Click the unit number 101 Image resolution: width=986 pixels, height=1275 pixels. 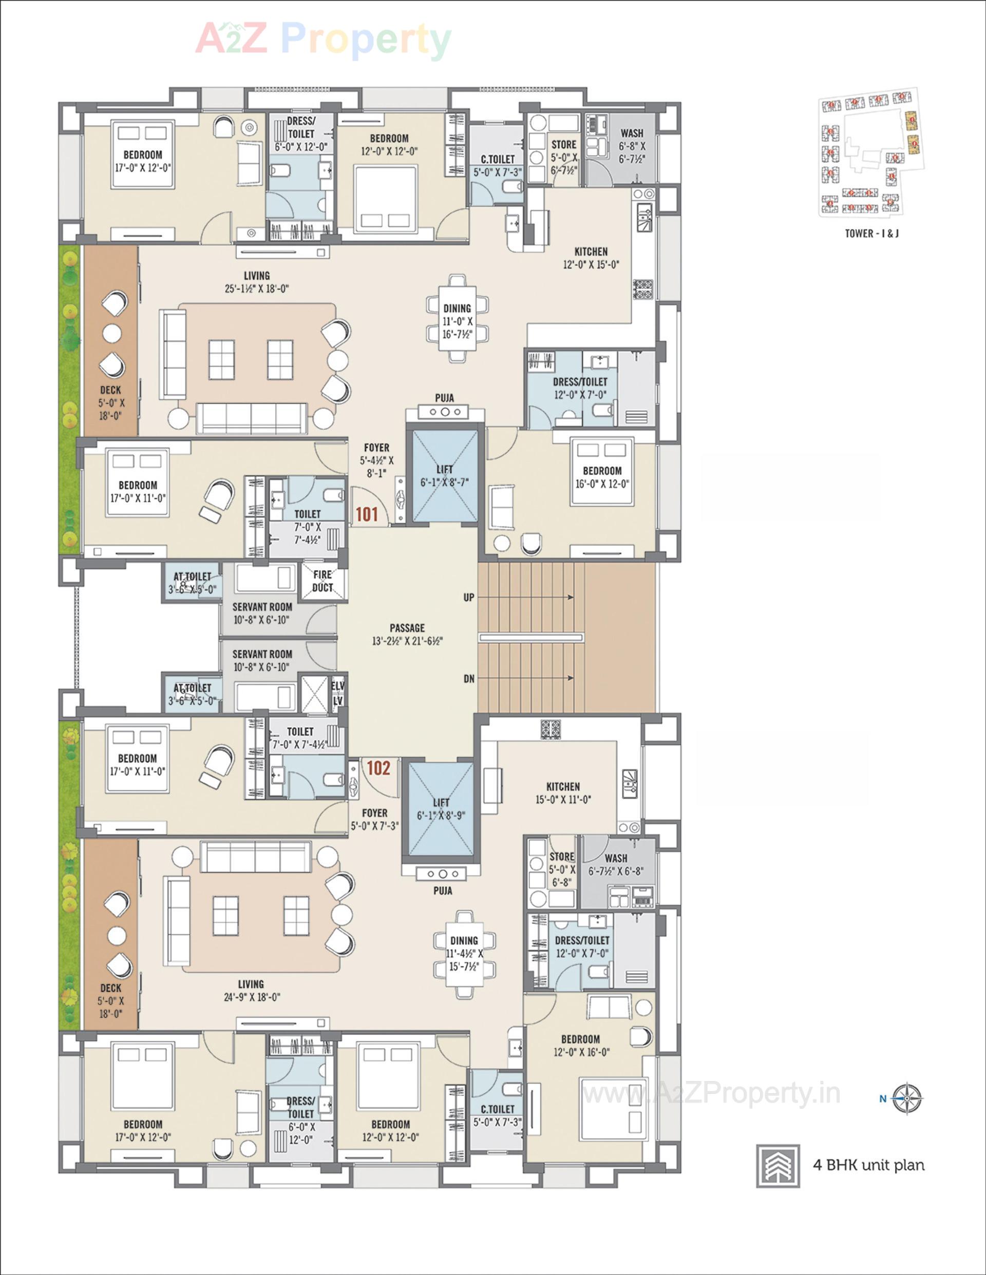pos(367,514)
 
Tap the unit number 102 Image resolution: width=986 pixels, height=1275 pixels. pos(378,768)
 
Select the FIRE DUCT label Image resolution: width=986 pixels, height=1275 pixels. pos(323,581)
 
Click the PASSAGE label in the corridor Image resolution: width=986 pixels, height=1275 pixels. pos(407,628)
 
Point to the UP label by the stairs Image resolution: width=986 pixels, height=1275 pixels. pos(468,597)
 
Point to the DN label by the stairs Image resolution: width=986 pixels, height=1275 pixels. pos(468,679)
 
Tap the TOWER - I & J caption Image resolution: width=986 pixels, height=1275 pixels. pos(871,234)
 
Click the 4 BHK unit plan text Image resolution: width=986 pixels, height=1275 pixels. pos(868,1165)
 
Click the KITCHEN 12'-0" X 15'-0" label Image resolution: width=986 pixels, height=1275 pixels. pos(591,258)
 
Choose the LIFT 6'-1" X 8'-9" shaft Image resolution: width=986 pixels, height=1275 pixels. pos(441,808)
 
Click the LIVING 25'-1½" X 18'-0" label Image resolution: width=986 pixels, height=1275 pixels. pos(257,281)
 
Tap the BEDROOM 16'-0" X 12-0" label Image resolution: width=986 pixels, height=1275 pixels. pos(602,476)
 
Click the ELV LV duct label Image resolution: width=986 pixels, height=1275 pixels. pos(337,693)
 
